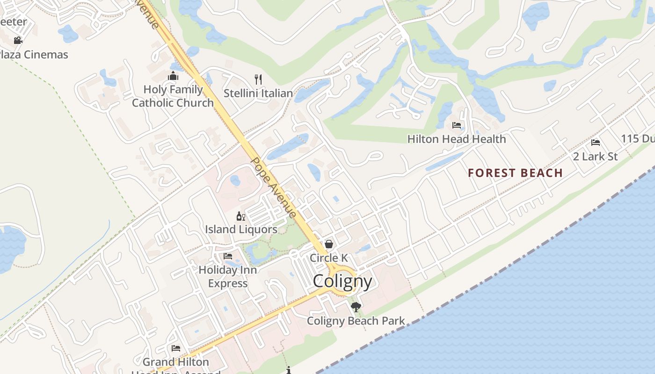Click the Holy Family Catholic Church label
[x=173, y=96]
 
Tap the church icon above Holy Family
[x=173, y=76]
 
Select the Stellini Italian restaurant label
[x=258, y=93]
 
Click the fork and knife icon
[x=258, y=79]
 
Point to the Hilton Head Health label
[x=456, y=139]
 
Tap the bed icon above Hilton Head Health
[x=457, y=125]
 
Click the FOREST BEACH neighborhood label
[x=515, y=173]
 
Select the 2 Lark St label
[x=595, y=156]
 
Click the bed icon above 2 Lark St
[x=596, y=142]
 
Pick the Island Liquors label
[x=241, y=230]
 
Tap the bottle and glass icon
[x=241, y=216]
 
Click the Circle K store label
[x=329, y=258]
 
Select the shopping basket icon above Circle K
[x=329, y=244]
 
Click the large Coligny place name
[x=342, y=281]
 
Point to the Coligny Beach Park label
[x=356, y=321]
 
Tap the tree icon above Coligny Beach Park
[x=356, y=307]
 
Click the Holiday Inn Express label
[x=228, y=276]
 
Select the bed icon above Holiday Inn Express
[x=228, y=256]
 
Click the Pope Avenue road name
[x=274, y=187]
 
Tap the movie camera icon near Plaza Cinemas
[x=18, y=40]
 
